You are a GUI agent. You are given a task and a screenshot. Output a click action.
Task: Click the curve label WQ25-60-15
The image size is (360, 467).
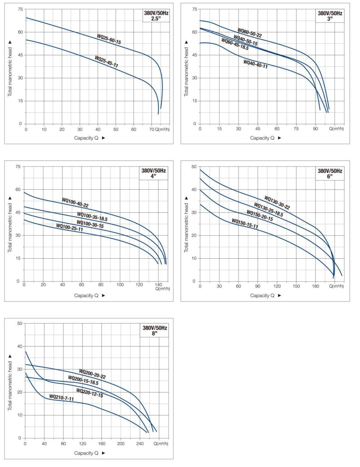tap(109, 39)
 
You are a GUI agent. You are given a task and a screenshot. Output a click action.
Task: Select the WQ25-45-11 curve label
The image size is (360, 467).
tap(106, 62)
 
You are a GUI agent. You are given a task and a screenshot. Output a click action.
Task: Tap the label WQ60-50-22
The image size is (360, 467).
tap(250, 33)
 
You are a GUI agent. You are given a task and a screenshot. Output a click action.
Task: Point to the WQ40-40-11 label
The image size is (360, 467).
tap(256, 64)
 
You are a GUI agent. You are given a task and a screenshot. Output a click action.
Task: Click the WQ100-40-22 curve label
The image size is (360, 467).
tap(75, 203)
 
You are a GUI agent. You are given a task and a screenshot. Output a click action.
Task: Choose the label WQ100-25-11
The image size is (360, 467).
tap(69, 227)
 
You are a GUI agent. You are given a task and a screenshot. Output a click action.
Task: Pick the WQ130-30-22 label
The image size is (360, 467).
tap(277, 203)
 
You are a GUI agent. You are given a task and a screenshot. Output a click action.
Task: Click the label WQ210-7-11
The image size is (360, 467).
tap(62, 398)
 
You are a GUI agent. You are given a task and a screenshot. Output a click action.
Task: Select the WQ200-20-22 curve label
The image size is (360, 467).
tap(92, 374)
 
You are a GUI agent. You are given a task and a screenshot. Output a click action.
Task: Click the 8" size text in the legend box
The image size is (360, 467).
tap(154, 333)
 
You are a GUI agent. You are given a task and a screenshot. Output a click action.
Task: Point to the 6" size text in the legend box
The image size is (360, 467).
tap(329, 176)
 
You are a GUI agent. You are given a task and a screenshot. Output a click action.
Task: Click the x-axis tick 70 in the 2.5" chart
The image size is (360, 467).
tap(151, 129)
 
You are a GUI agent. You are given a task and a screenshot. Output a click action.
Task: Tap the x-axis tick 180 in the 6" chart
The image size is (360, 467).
tap(316, 286)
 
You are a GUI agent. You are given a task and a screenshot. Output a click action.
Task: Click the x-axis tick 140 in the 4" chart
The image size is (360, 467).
tap(159, 285)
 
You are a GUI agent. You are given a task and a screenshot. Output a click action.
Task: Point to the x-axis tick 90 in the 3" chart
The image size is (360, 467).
tap(316, 129)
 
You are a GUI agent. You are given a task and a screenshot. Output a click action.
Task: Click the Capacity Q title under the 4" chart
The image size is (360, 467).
tap(86, 295)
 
